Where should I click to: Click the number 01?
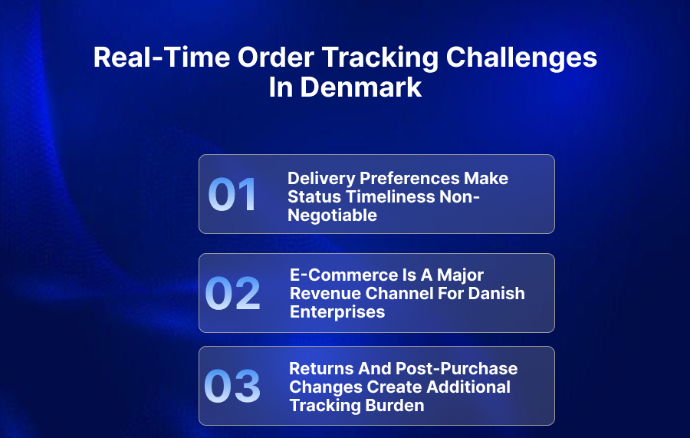(233, 195)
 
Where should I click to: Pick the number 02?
(233, 294)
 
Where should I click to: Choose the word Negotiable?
(332, 216)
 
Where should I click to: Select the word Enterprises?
(337, 312)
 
